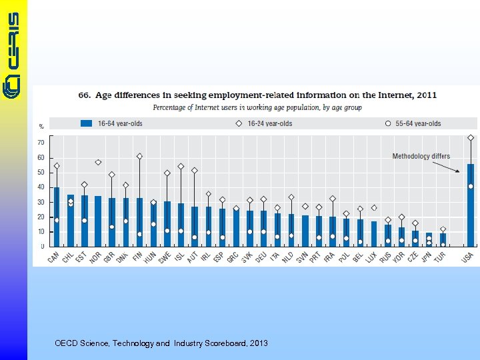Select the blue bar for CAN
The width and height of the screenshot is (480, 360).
coord(57,217)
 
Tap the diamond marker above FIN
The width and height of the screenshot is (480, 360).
coord(139,156)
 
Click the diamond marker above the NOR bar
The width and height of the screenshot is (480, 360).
coord(98,162)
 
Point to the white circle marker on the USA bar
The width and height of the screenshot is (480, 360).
coord(471,186)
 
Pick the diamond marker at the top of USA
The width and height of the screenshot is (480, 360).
coord(471,138)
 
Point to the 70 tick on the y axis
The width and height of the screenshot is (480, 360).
coord(41,143)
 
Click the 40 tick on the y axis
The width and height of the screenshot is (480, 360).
coord(41,187)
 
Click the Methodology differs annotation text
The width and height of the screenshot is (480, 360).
coord(421,156)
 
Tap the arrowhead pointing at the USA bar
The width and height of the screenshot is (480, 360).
coord(458,171)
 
